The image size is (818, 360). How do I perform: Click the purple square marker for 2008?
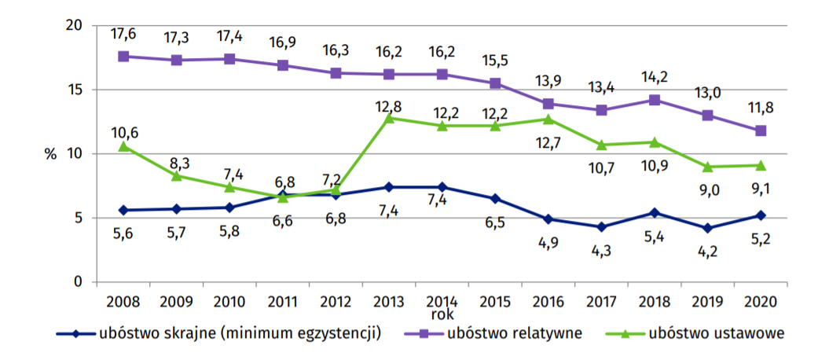tap(123, 57)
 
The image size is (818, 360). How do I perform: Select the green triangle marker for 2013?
tap(389, 118)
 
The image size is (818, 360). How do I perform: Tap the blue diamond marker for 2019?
tap(708, 228)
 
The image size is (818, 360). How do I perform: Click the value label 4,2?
tap(708, 251)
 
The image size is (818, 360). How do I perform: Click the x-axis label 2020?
tap(761, 300)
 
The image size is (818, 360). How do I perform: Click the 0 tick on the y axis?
tap(78, 281)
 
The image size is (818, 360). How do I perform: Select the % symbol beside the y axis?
tap(51, 154)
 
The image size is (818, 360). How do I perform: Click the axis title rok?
tap(442, 314)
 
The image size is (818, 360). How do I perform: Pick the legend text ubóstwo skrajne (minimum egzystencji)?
tap(240, 333)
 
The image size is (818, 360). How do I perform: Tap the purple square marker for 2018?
tap(655, 100)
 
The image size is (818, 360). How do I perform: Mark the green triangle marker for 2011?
tap(283, 197)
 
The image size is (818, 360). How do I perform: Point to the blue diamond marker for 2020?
tap(761, 215)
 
